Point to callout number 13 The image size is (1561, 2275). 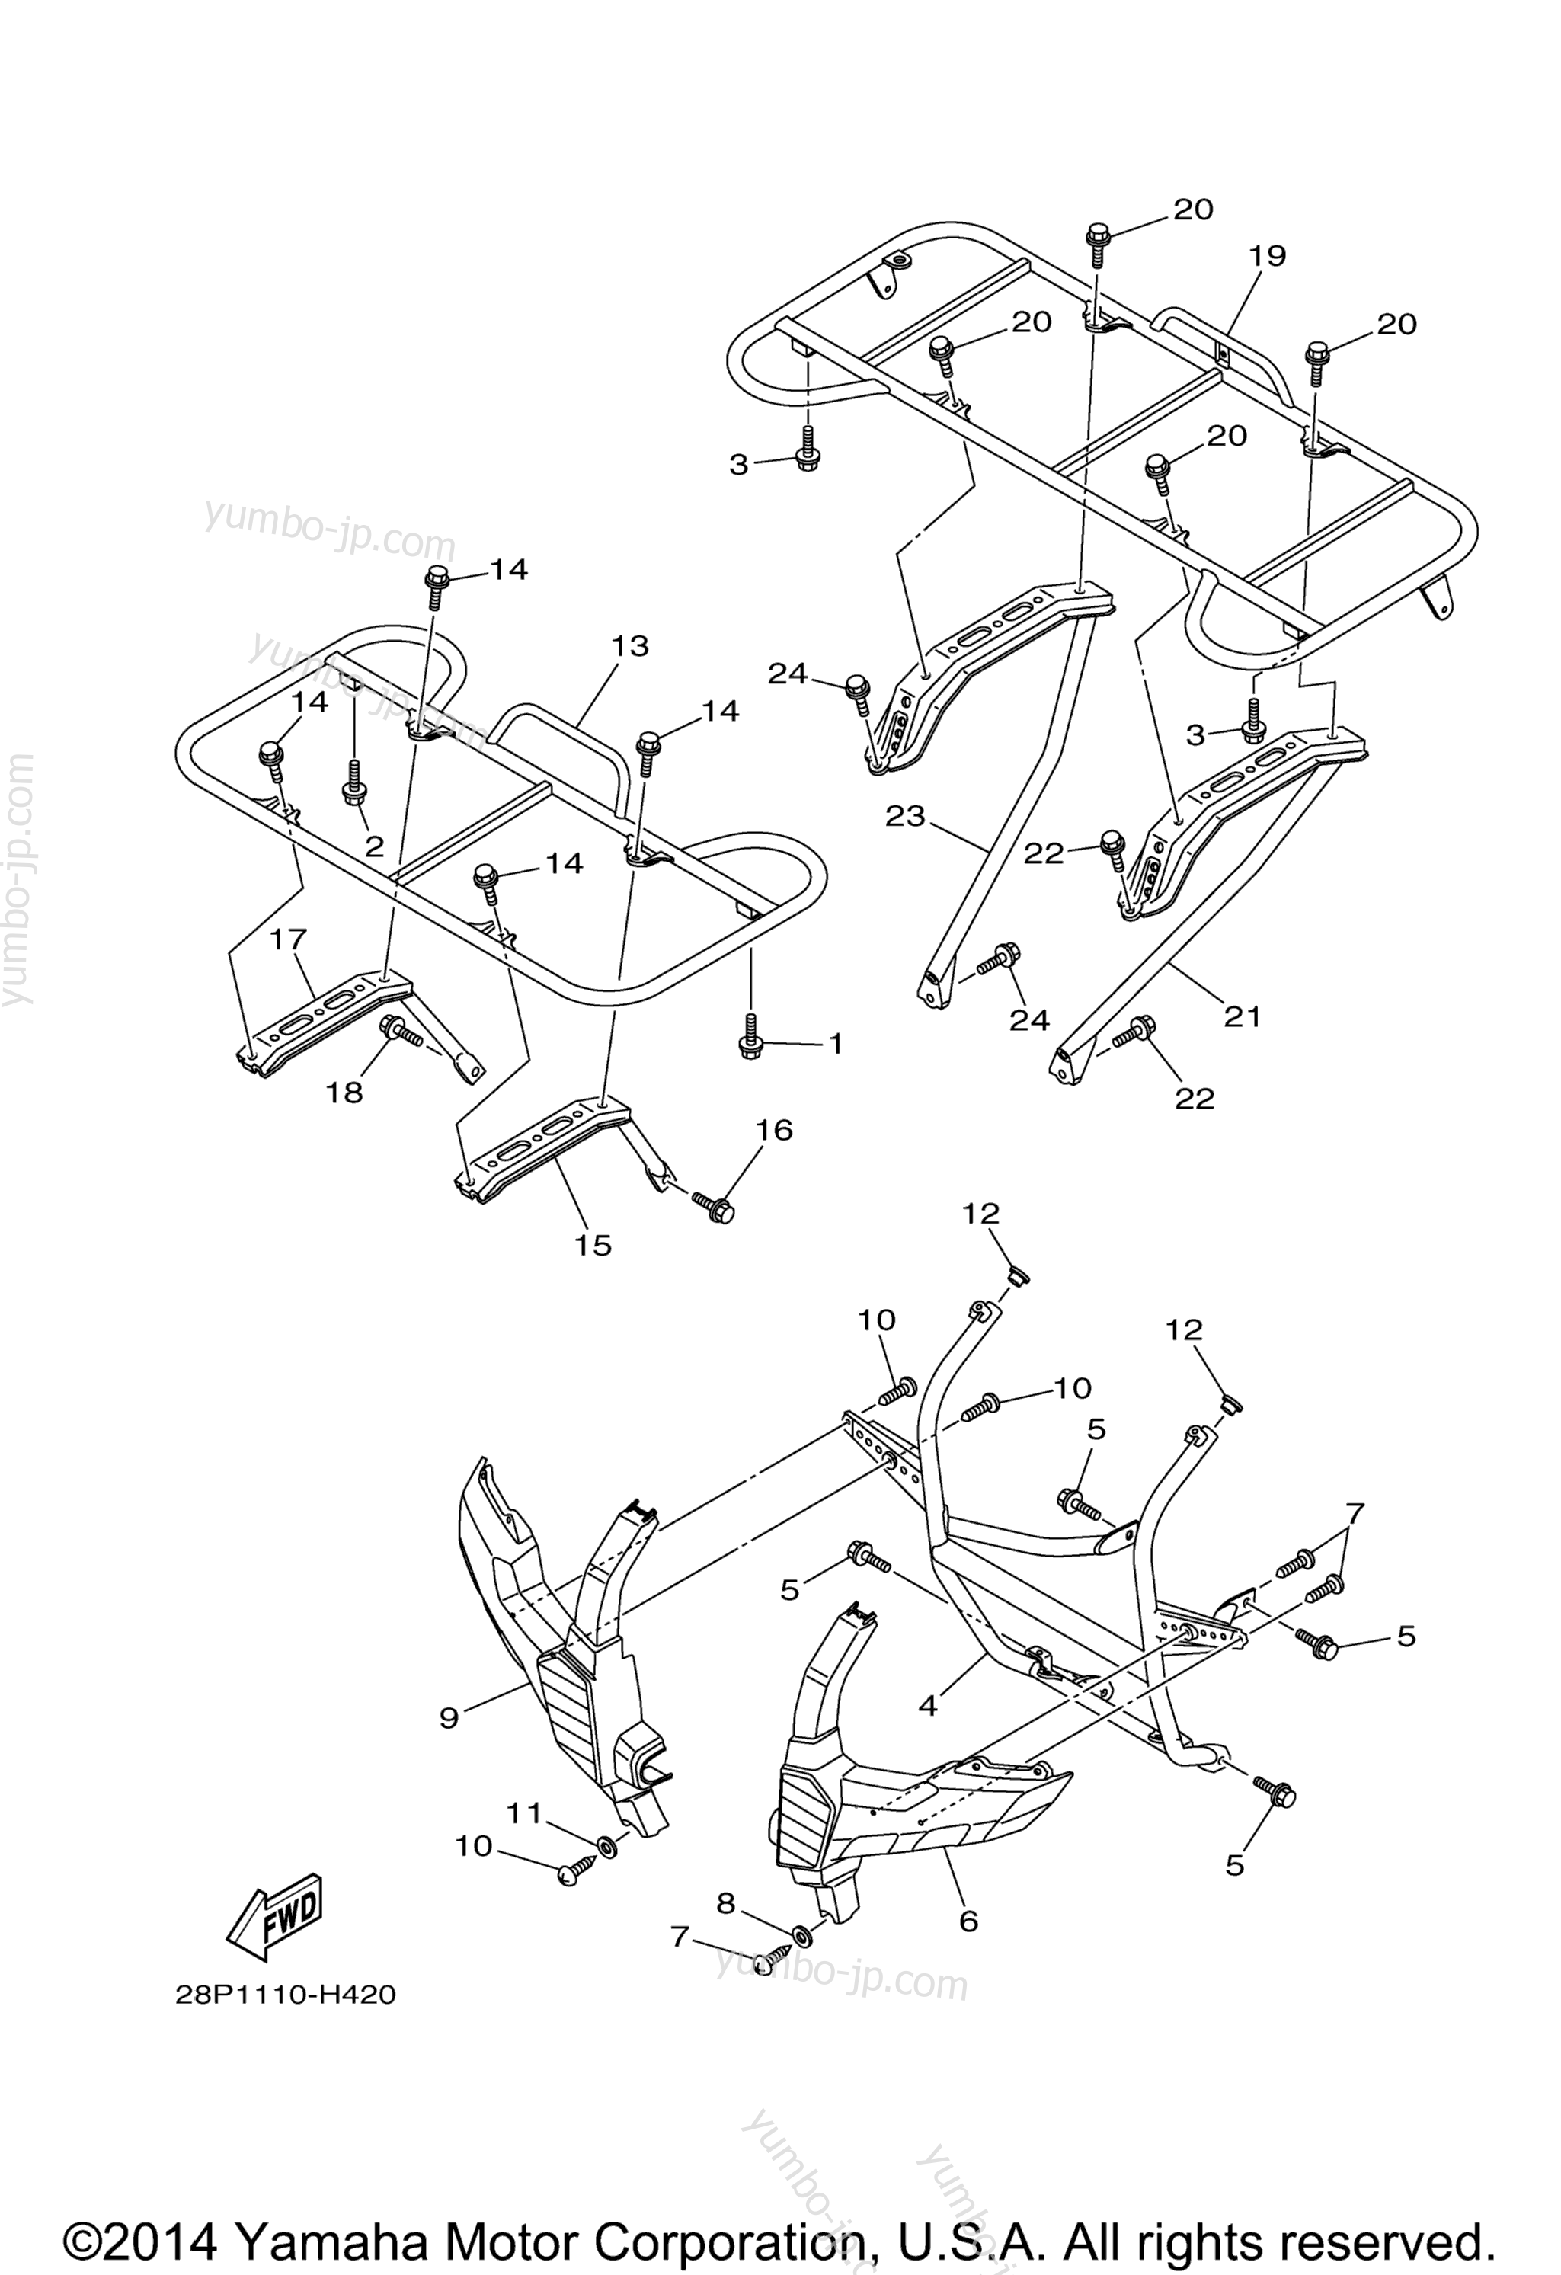630,646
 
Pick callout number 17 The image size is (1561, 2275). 288,939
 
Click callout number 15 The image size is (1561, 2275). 593,1245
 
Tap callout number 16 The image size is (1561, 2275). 774,1130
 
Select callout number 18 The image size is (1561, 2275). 344,1093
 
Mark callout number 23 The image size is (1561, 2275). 905,815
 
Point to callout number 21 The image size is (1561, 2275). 1242,1017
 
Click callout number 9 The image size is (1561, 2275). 449,1718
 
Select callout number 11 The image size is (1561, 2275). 523,1813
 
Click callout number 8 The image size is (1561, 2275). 725,1903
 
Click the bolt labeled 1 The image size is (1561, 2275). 750,1034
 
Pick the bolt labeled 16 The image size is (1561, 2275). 712,1207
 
